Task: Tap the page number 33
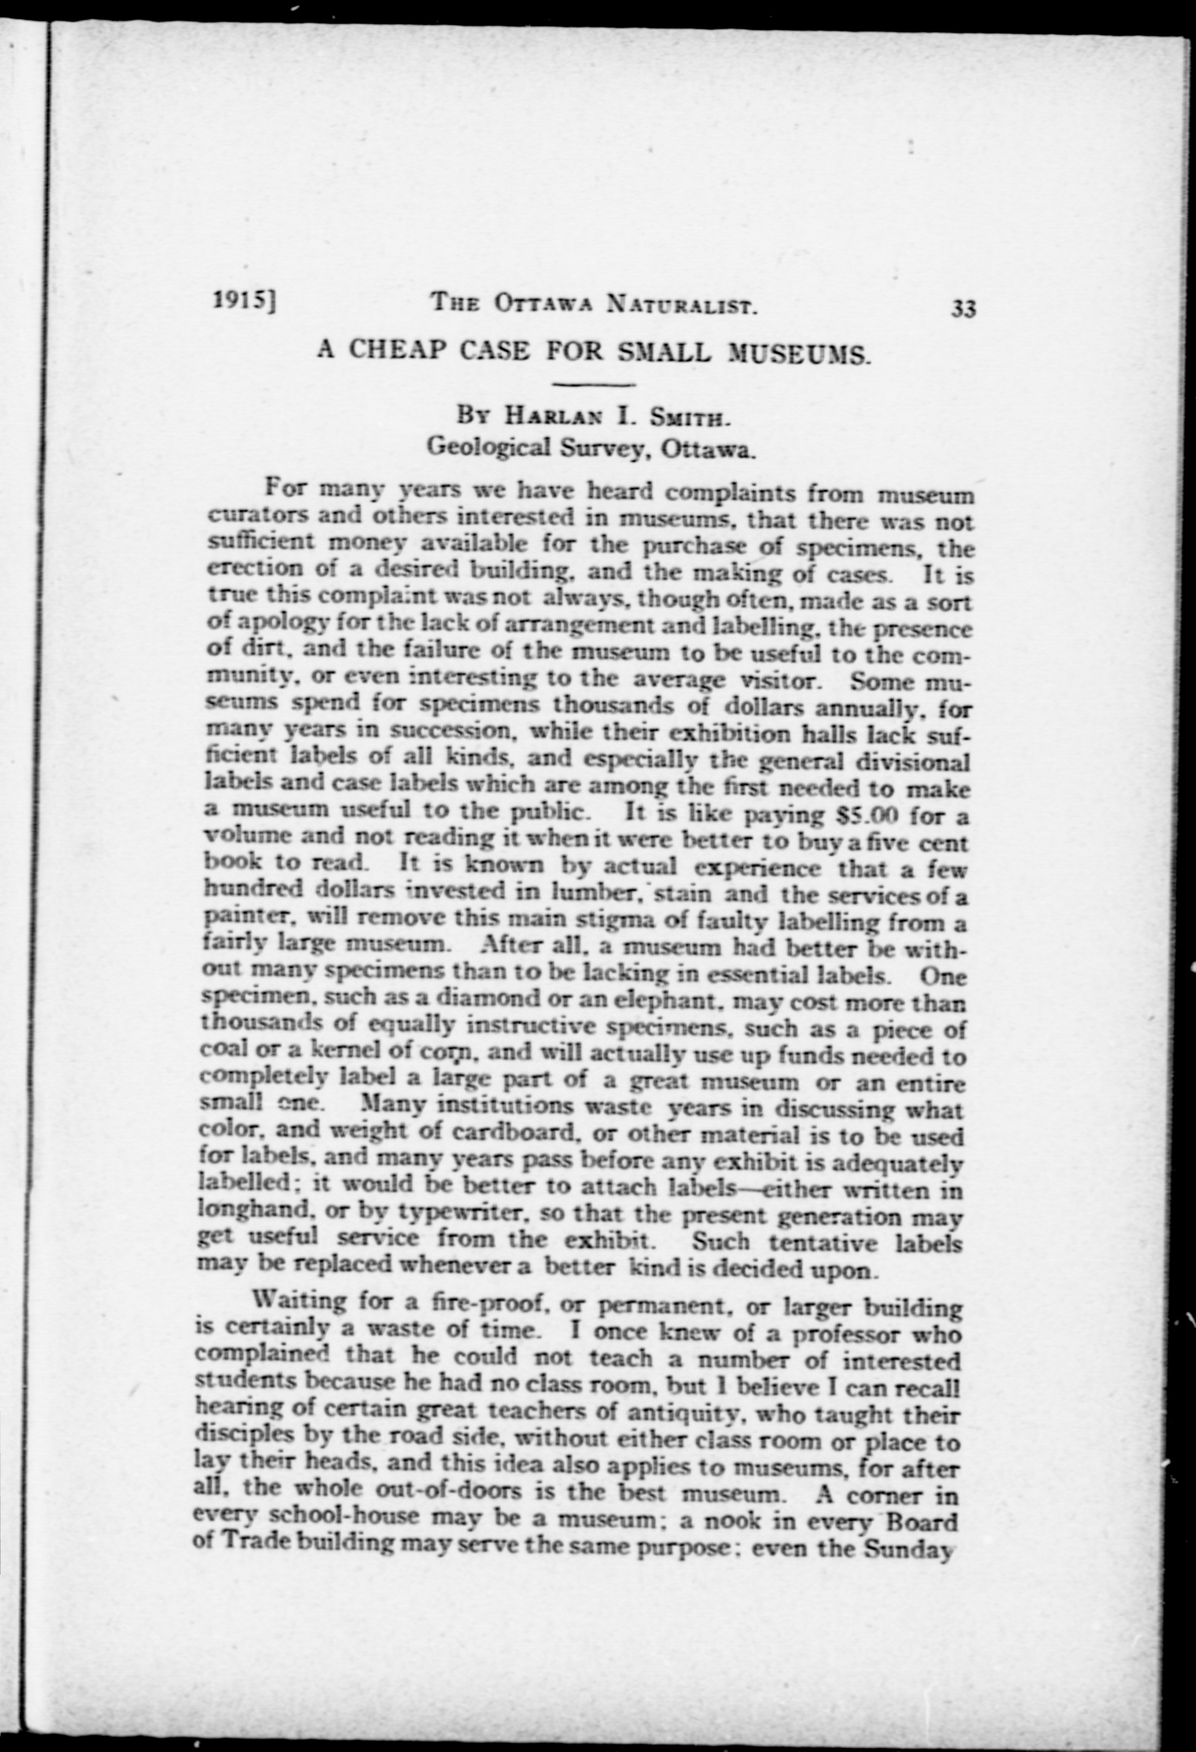tap(964, 309)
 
